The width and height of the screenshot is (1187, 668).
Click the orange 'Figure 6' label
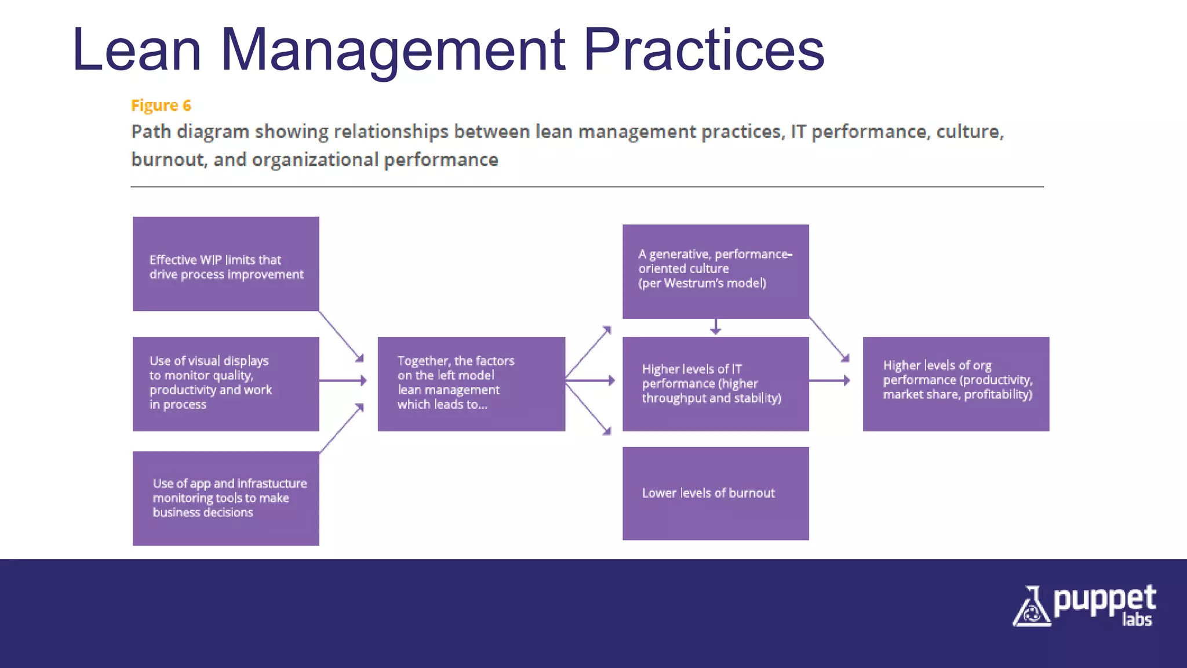161,106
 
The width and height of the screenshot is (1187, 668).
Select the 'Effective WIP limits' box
225,264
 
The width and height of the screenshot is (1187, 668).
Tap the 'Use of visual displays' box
225,383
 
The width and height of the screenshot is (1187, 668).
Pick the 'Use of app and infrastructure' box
225,498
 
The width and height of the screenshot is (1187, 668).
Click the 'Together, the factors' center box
471,383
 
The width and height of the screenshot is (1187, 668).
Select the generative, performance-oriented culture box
715,271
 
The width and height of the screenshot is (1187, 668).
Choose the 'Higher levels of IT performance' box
715,383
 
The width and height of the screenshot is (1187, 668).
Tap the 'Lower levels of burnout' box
715,493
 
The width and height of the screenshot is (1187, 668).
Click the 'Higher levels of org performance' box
956,383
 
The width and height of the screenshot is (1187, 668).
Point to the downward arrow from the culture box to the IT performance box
716,327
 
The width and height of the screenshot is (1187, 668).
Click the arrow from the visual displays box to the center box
343,380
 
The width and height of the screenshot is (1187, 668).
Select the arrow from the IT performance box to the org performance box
829,380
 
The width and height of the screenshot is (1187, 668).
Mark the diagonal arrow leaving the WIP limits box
341,336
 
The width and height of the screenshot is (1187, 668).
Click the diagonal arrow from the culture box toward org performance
829,339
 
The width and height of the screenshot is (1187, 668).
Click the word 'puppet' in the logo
1104,601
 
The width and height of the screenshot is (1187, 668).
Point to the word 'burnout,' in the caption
168,159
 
